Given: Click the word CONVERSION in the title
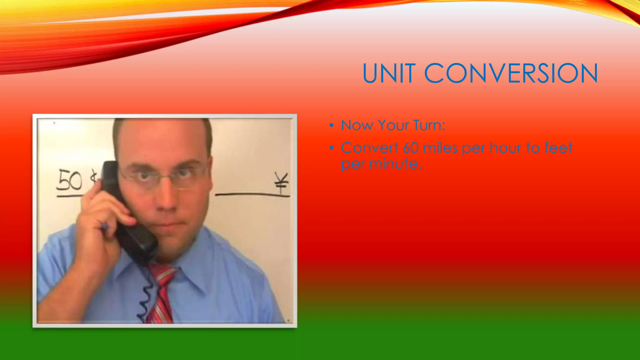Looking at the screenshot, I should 511,73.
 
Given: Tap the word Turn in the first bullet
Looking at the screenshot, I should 429,125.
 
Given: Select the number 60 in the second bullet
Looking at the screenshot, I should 411,148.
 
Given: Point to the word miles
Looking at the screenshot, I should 440,148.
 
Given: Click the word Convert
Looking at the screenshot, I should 369,148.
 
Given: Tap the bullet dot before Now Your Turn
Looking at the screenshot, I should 331,126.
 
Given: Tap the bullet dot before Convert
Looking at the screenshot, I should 331,148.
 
